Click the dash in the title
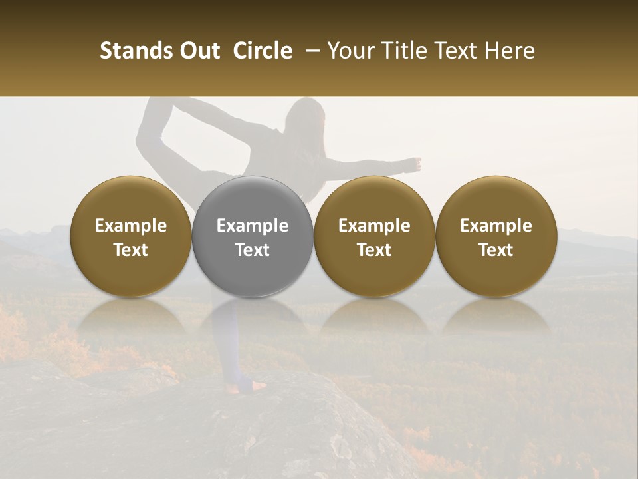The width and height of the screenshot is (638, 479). pyautogui.click(x=310, y=51)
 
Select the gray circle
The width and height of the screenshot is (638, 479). pyautogui.click(x=253, y=236)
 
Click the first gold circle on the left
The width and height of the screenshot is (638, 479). pyautogui.click(x=131, y=236)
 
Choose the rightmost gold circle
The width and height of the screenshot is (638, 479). pyautogui.click(x=496, y=236)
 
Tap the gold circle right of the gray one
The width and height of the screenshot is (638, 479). pyautogui.click(x=374, y=236)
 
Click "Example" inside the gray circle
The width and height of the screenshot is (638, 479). pyautogui.click(x=253, y=226)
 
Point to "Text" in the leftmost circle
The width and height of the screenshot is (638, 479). pyautogui.click(x=131, y=249)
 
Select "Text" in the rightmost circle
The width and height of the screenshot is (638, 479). pyautogui.click(x=496, y=249)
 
